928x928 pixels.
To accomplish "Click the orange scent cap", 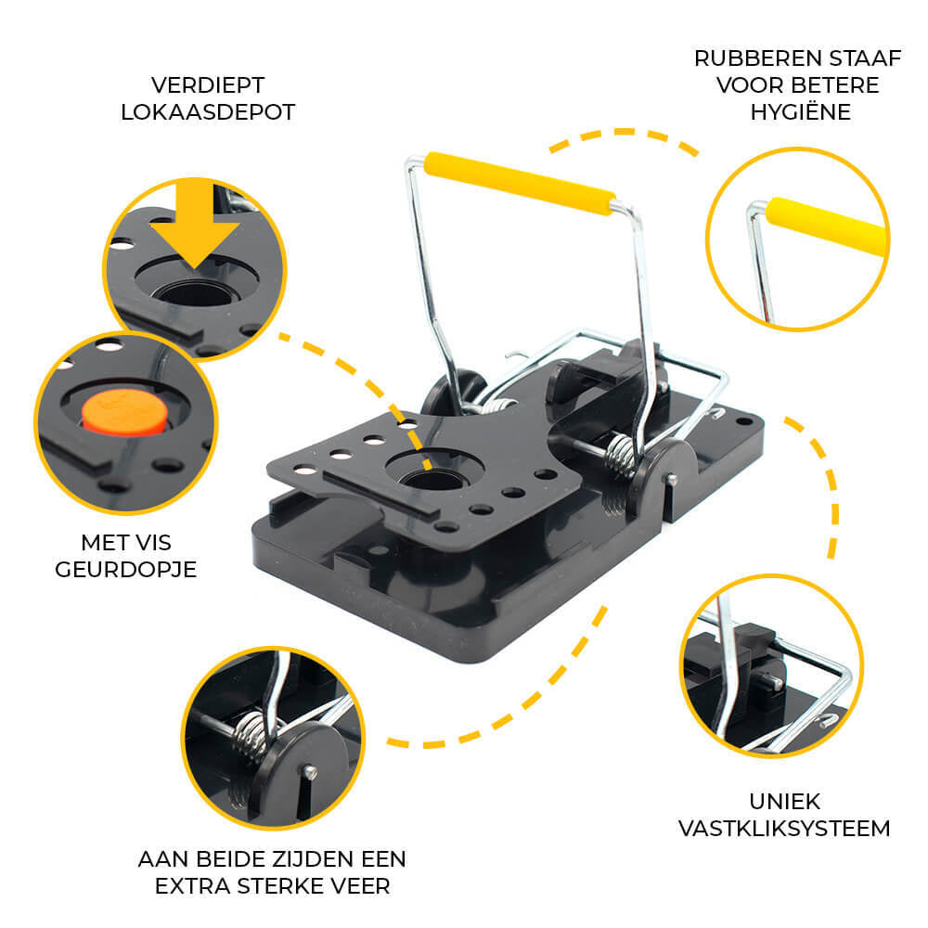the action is (124, 412).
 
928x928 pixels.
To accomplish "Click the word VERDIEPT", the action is (208, 85).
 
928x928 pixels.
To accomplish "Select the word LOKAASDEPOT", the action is (208, 112).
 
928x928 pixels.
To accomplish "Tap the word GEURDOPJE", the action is (125, 570).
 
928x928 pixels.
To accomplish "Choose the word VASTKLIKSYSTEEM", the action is (784, 828).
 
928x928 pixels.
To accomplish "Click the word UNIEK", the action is (785, 802).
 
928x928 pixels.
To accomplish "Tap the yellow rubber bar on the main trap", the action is (520, 184).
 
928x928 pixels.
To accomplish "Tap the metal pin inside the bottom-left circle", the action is (309, 772).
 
